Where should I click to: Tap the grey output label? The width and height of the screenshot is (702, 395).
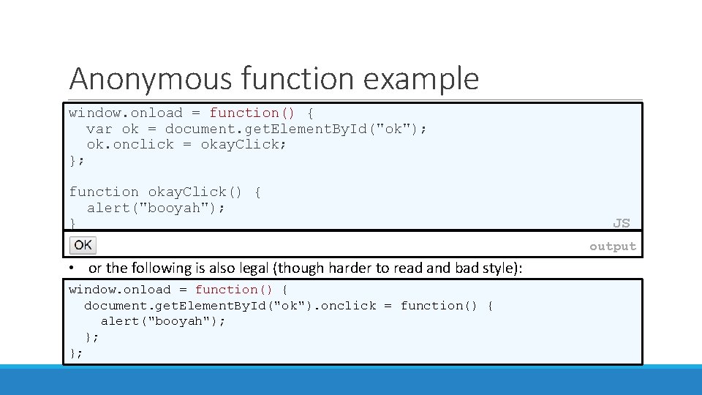pyautogui.click(x=613, y=247)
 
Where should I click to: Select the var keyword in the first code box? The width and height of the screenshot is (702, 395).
pyautogui.click(x=99, y=129)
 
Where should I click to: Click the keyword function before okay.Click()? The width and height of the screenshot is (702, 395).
pyautogui.click(x=103, y=192)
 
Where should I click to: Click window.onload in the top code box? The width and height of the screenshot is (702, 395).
pyautogui.click(x=125, y=113)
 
